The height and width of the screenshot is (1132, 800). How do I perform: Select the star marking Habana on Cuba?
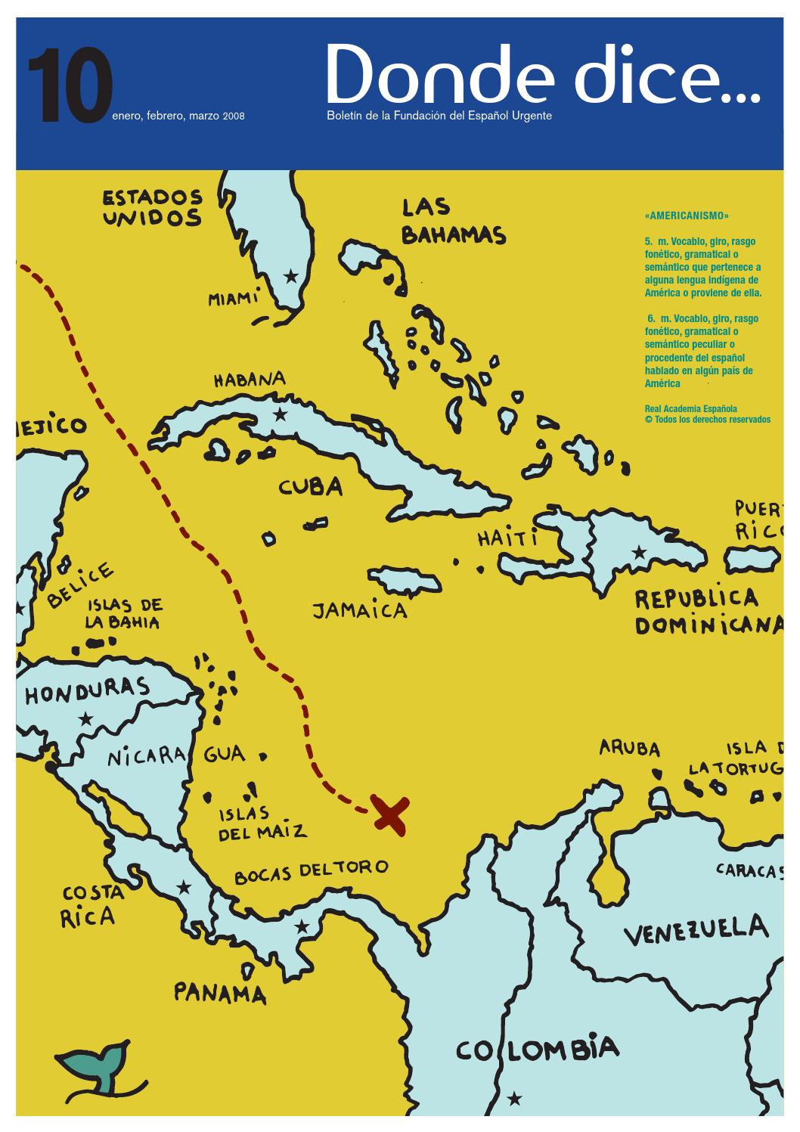(x=281, y=414)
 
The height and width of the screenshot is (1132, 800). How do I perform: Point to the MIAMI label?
(x=234, y=299)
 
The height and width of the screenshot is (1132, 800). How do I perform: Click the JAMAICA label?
(x=360, y=609)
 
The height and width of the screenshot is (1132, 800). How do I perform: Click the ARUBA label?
(x=630, y=749)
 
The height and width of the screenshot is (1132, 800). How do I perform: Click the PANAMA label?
(x=220, y=992)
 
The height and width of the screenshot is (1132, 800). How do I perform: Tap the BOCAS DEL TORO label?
(x=311, y=870)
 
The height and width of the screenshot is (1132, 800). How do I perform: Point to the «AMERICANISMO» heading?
(x=687, y=216)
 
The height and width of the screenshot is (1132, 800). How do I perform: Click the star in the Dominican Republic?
(x=640, y=552)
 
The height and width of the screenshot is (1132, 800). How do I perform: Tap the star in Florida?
(x=290, y=276)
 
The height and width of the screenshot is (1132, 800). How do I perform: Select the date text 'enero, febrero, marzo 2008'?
(x=178, y=117)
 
